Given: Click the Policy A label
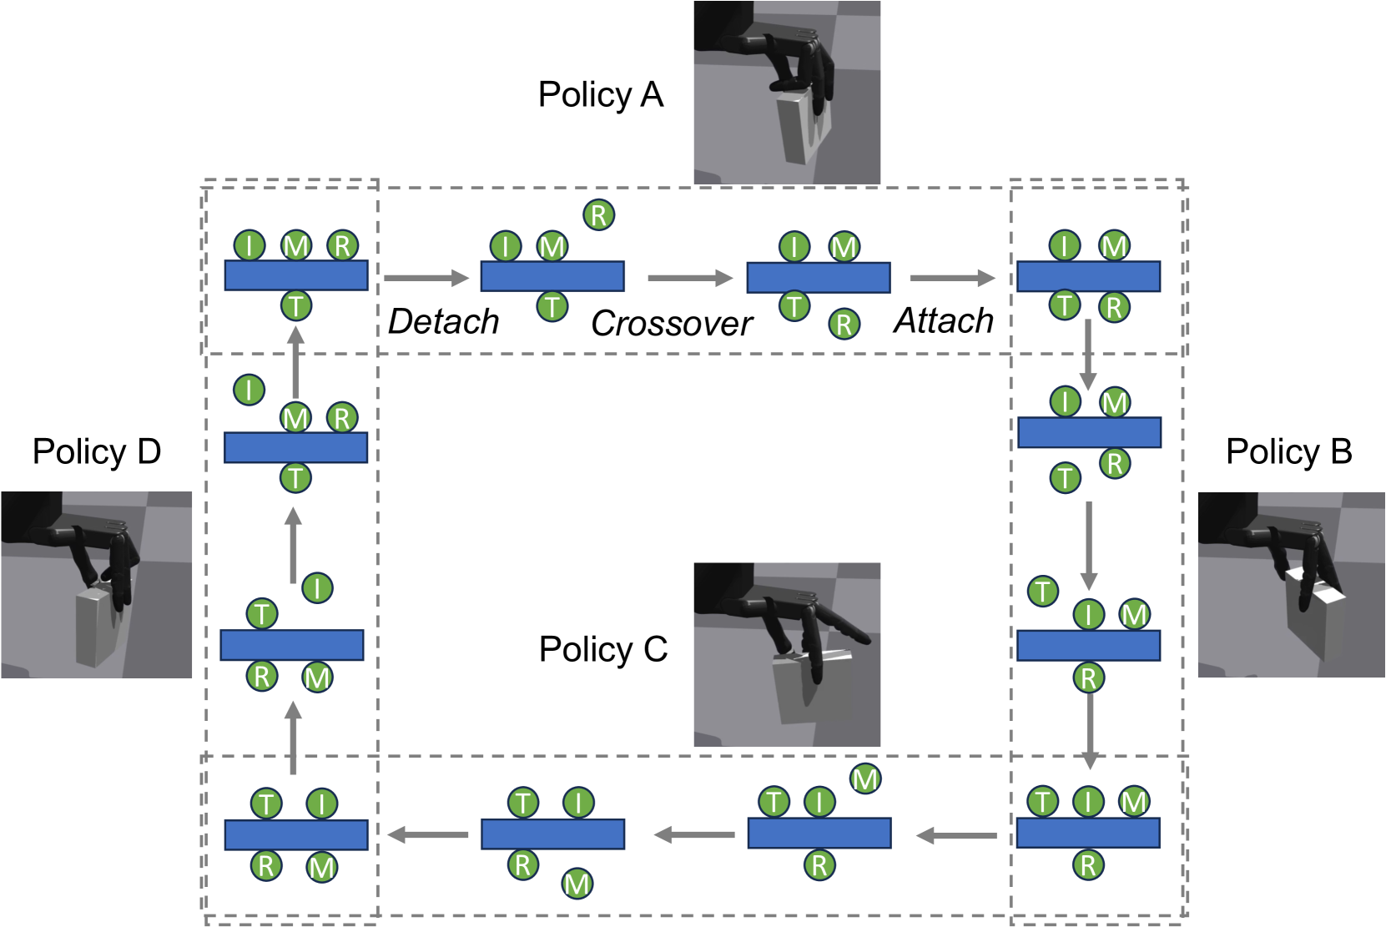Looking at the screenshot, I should coord(600,95).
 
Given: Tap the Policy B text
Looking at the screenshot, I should coord(1288,451).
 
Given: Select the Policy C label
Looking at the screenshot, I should coord(602,649).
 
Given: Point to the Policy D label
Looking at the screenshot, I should coord(96,451).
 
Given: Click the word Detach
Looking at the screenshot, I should coord(443,322).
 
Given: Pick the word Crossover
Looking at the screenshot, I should coord(671,324).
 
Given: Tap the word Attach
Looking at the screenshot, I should coord(943,321).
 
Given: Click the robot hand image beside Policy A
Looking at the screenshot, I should coord(786,93).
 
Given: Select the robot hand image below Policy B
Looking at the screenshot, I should coord(1291,585).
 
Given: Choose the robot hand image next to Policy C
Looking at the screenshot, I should coord(786,655).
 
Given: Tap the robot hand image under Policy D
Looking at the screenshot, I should coord(96,585).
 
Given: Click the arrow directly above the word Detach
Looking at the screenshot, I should coord(426,278).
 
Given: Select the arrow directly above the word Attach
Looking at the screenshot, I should coord(951,278).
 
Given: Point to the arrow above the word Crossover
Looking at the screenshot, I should coord(689,278).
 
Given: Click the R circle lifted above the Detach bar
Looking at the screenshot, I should coord(598,215).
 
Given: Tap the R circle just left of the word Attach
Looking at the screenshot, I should coord(844,324).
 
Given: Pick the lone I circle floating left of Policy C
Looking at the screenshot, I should coord(317,588).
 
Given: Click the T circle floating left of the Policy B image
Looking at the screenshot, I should coord(1042,592).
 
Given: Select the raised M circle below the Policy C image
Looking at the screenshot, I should coord(865,779).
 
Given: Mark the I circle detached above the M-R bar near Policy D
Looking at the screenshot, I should coord(249,390).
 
